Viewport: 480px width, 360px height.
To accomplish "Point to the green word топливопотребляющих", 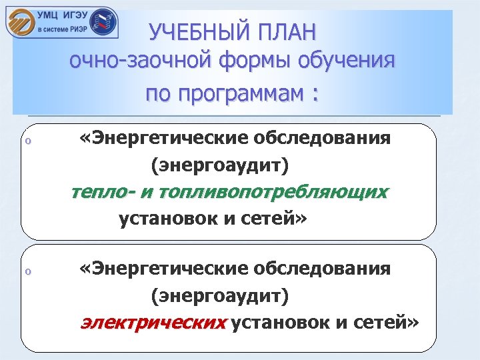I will click(271, 192).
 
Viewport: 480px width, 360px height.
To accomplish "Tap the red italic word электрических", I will click(153, 323).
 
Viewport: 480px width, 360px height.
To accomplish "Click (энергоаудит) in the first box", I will click(221, 164).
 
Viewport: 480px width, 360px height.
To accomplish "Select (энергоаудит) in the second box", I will click(221, 294).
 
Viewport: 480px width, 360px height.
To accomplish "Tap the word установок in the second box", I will click(281, 323).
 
